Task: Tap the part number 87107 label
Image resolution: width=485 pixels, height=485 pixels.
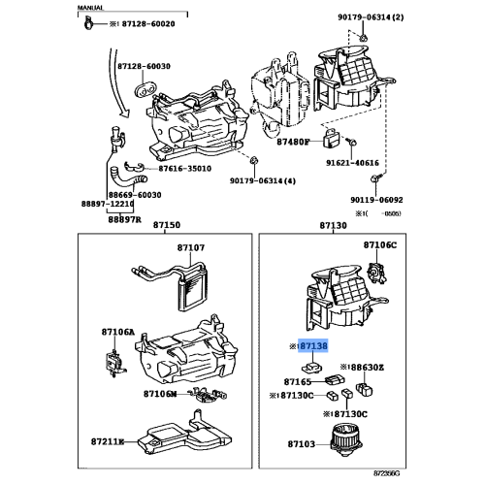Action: [190, 247]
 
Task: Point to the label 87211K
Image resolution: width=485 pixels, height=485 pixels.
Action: [108, 442]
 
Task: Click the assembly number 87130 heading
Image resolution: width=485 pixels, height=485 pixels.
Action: [334, 225]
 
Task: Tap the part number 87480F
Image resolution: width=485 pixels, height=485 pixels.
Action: [290, 141]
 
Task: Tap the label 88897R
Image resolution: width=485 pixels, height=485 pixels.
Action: [125, 219]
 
